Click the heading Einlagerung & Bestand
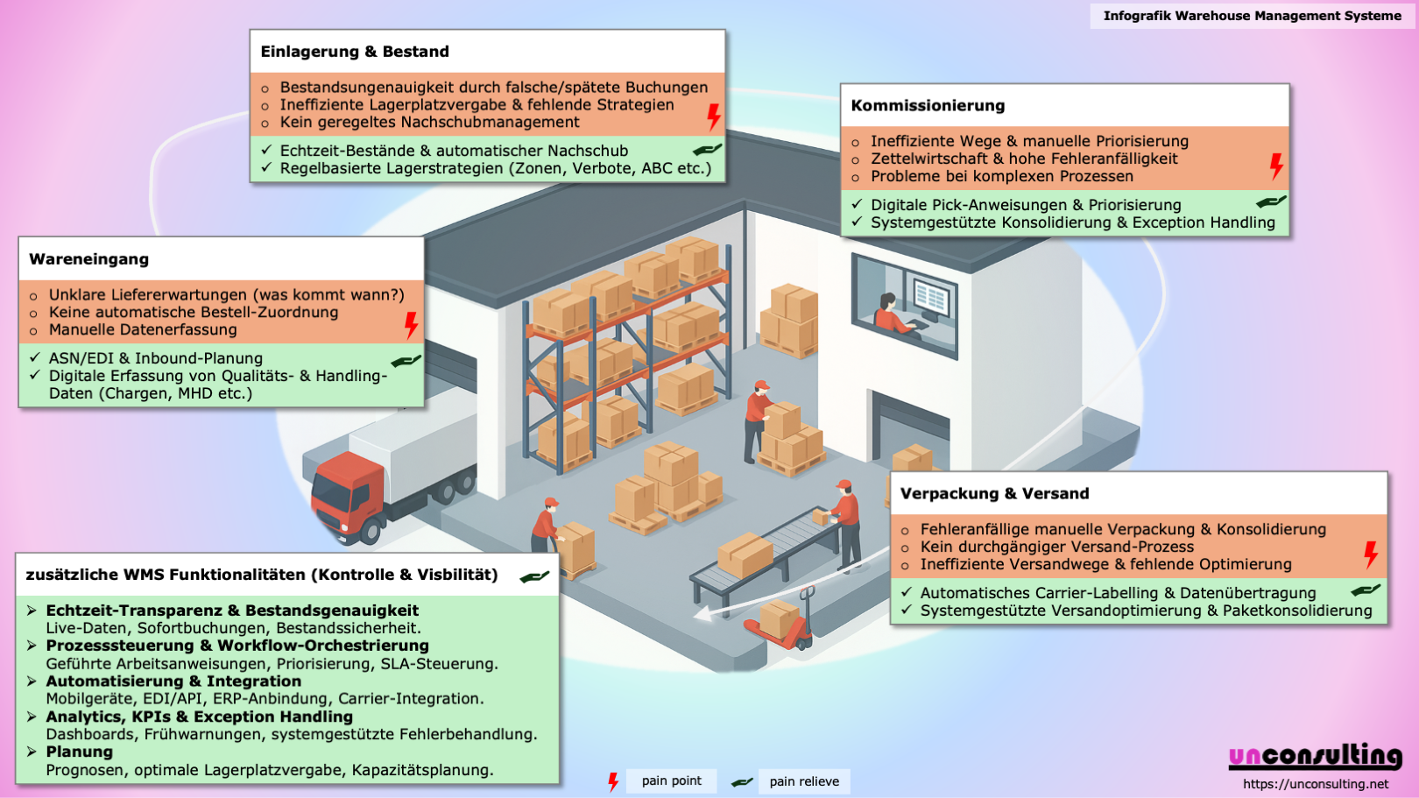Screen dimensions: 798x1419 point(355,52)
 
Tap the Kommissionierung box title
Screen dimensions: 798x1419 point(928,106)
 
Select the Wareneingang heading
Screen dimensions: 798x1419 point(88,259)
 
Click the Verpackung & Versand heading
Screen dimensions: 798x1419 point(994,494)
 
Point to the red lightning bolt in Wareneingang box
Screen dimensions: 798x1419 point(411,325)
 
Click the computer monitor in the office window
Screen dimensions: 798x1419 point(930,299)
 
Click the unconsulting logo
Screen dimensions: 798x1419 point(1315,756)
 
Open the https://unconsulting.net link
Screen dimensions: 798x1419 point(1316,784)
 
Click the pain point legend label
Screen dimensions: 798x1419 point(671,781)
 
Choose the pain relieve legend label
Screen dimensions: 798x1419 point(803,781)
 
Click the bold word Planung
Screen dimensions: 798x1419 point(80,752)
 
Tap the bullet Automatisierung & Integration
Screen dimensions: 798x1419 point(173,681)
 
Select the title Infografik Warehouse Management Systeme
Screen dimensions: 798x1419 point(1252,16)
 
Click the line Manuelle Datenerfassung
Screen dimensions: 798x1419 point(143,330)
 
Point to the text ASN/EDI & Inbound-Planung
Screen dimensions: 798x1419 point(156,358)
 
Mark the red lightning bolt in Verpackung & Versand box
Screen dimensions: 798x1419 point(1370,554)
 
